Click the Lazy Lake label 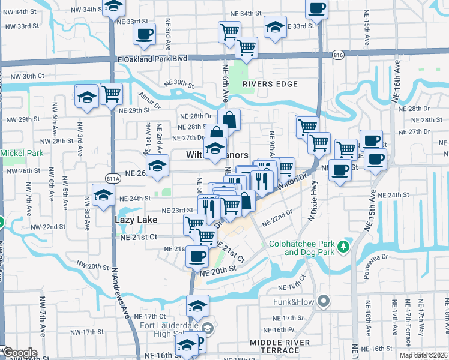click(136, 220)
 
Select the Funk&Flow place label click(295, 301)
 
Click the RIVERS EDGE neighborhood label click(270, 84)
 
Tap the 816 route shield click(338, 54)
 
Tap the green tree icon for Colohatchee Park click(343, 246)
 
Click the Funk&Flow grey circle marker click(325, 301)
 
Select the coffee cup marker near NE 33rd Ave click(143, 34)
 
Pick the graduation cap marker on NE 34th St click(112, 8)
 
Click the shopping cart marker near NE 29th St click(111, 94)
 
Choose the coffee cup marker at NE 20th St click(197, 257)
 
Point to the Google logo click(20, 353)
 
